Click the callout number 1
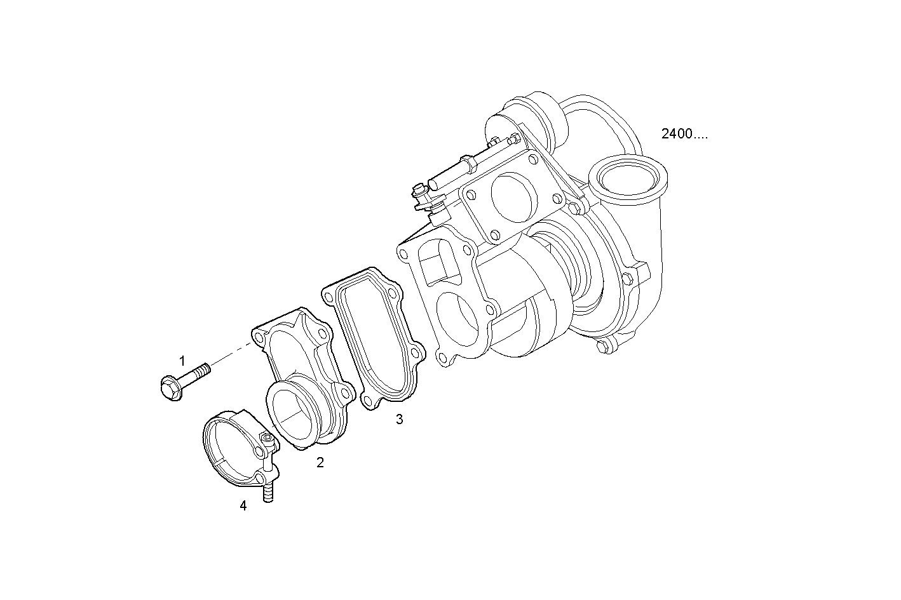tap(182, 361)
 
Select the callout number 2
tap(320, 463)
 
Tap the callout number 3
tap(399, 420)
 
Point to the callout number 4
tap(243, 506)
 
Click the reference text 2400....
tap(684, 134)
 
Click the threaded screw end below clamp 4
tap(268, 493)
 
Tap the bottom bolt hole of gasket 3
tap(367, 400)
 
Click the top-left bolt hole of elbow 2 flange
tap(258, 336)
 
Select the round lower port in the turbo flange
tap(458, 324)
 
